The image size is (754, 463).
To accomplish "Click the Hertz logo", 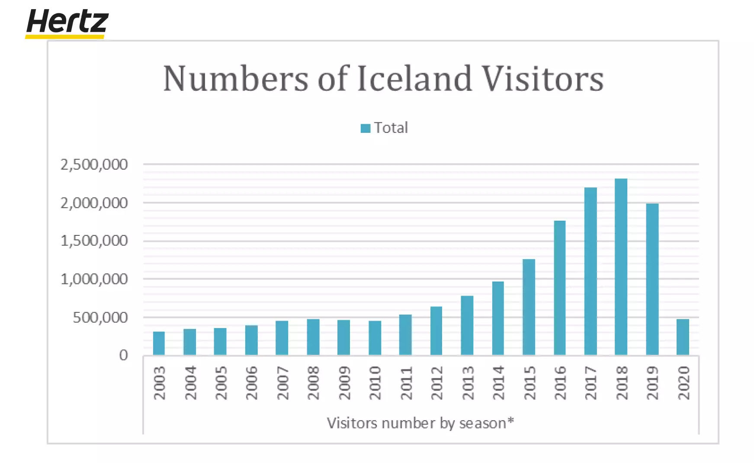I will coord(67,23).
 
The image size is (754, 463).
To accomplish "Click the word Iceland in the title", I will coord(414,79).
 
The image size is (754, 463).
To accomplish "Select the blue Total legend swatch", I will coord(366,128).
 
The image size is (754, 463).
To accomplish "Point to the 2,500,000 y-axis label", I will coord(94,164).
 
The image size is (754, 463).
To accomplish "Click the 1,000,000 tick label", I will coord(94,279).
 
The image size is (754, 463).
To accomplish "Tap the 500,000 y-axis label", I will coord(100,318).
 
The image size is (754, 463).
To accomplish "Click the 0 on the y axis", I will coord(123,355).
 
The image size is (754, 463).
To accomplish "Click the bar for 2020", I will coord(683,337).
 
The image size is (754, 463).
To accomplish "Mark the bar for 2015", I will coord(529,307).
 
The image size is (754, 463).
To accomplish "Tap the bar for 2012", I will coord(436,331).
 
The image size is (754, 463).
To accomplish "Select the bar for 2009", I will coord(343,338).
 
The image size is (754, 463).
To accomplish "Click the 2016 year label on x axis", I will coord(560,383).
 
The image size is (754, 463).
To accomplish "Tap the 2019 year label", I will coord(652,383).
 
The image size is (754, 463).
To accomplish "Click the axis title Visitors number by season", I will coord(420,423).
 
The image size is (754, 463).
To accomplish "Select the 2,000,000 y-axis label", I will coord(94,203).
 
